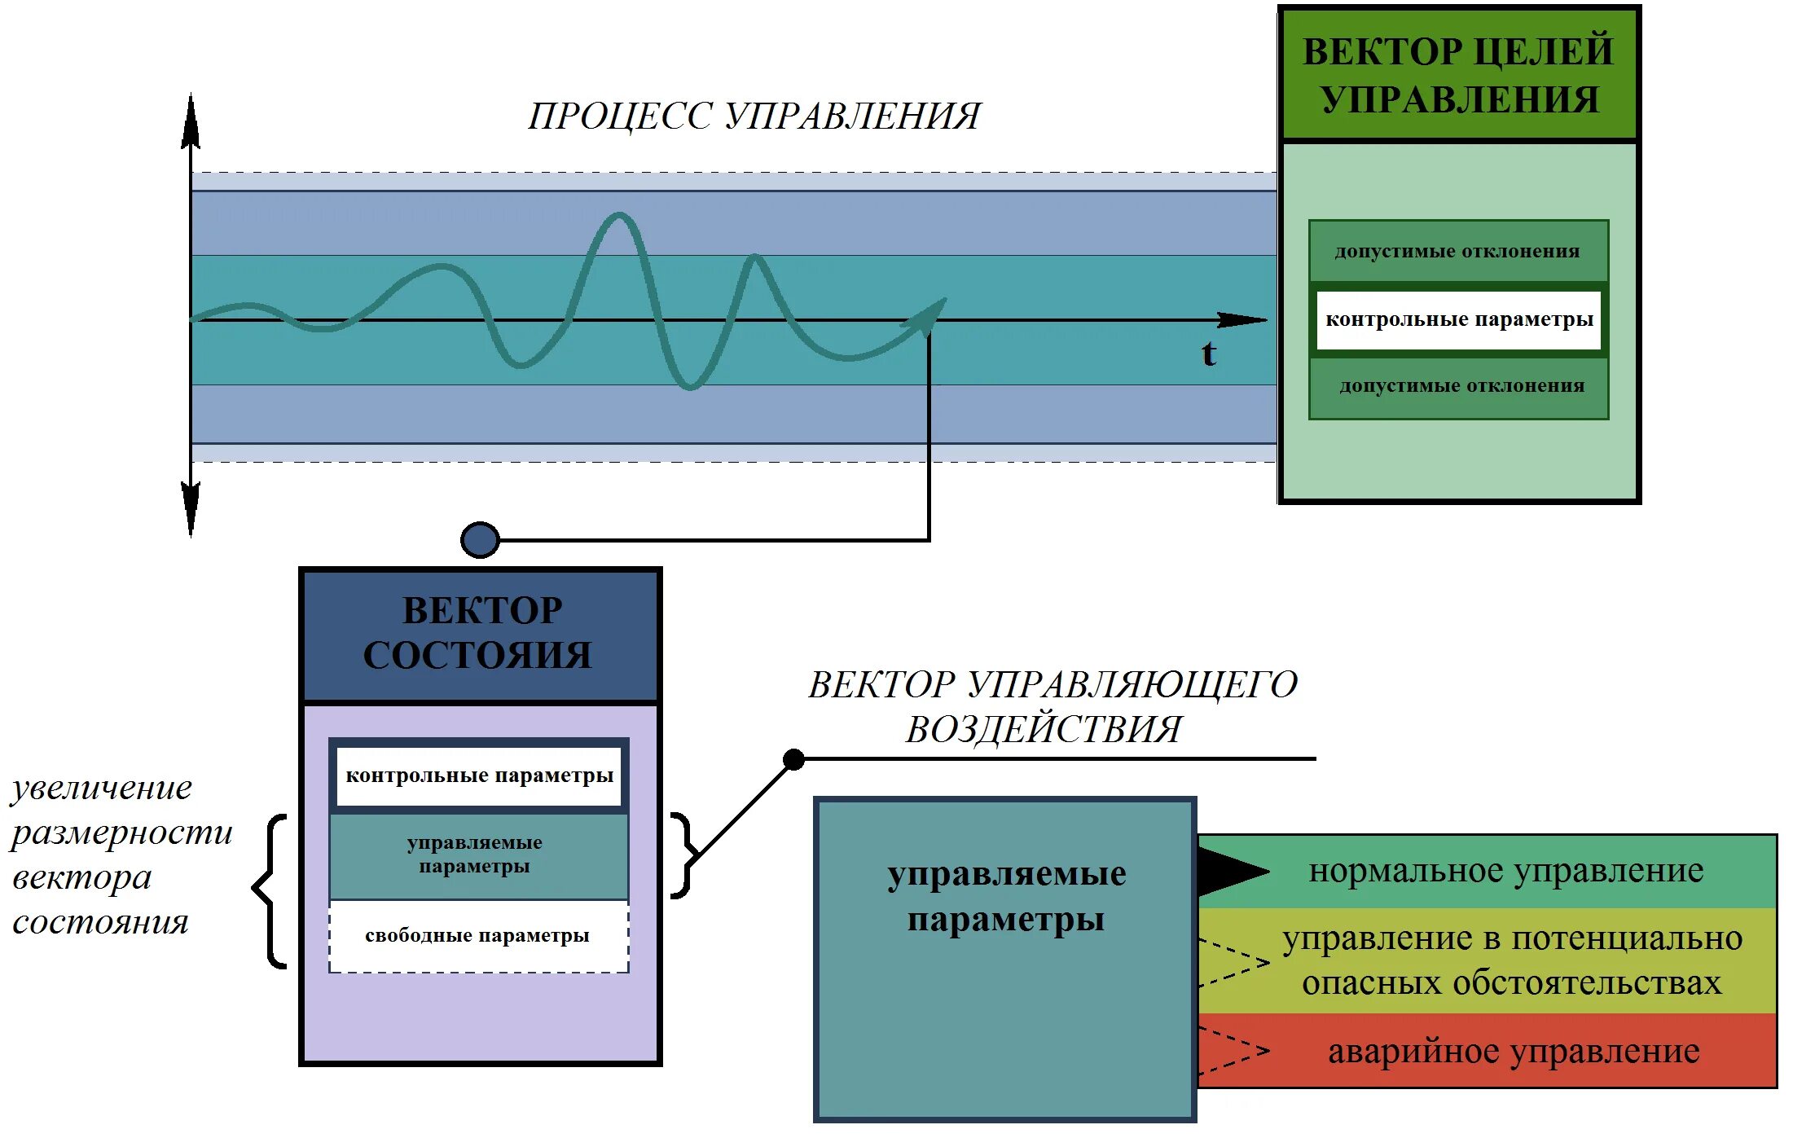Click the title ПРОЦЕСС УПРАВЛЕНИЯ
(x=754, y=116)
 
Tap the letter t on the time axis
(x=1209, y=354)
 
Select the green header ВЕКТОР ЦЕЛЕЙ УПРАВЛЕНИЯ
(x=1458, y=75)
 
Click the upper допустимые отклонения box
(x=1458, y=251)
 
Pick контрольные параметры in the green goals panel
(x=1458, y=319)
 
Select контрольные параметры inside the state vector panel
(x=479, y=776)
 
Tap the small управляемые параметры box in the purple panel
(x=479, y=855)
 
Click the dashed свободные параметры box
(x=479, y=936)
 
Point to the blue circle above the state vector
(x=480, y=539)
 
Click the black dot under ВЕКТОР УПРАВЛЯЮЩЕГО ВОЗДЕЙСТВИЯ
(x=793, y=760)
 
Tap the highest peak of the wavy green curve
(x=618, y=217)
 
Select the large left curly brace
(x=270, y=890)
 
